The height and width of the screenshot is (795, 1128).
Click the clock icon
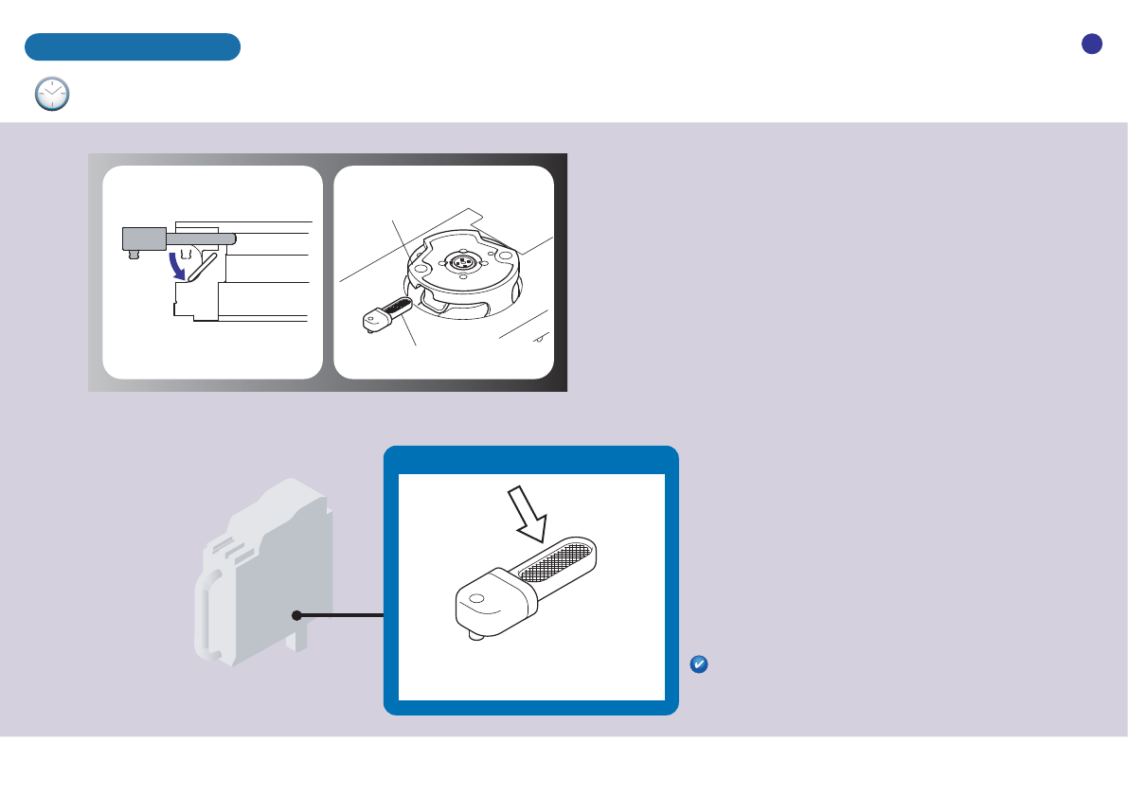point(51,95)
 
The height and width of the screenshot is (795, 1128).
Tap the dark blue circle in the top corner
point(1092,44)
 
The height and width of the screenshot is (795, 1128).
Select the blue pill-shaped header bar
point(132,47)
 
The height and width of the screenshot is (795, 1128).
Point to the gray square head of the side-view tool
point(145,238)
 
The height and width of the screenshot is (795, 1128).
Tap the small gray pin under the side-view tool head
point(134,255)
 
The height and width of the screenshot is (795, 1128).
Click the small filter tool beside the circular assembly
point(386,314)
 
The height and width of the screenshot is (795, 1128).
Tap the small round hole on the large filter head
point(477,598)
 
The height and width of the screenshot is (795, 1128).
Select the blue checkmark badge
point(697,665)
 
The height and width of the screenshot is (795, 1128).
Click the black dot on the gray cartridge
point(296,615)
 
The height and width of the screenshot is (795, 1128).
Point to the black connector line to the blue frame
point(341,615)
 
